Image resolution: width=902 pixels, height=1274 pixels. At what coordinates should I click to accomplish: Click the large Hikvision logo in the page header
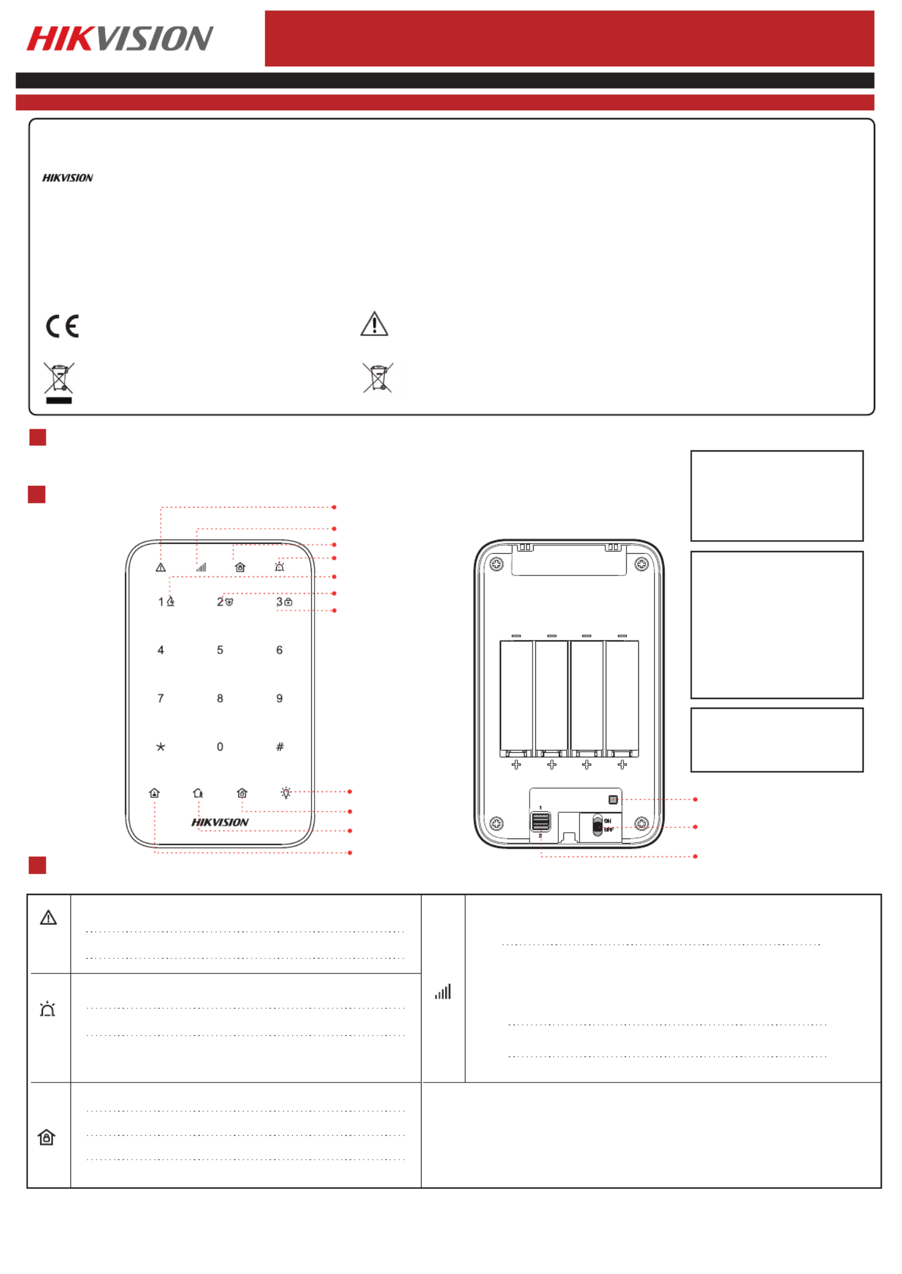point(120,38)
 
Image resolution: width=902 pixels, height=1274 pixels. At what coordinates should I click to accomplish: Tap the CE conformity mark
point(62,326)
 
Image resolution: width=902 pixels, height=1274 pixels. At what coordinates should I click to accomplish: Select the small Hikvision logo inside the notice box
point(67,178)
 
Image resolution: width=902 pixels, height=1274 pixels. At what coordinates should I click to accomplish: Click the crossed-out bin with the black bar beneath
point(59,382)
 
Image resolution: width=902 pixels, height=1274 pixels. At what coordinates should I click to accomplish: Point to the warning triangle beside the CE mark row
point(374,324)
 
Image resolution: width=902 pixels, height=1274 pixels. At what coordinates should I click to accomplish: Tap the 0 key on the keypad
point(220,746)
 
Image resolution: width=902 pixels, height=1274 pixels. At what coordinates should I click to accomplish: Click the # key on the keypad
point(280,746)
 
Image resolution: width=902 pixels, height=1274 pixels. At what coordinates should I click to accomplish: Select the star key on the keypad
point(161,746)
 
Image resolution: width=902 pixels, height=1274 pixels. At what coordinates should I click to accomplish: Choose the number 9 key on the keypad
point(280,698)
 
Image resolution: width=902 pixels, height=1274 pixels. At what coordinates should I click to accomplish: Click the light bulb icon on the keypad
point(286,792)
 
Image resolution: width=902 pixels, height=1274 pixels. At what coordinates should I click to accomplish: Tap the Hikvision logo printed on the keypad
point(220,822)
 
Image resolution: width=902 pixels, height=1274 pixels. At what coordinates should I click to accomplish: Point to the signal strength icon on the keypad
point(201,567)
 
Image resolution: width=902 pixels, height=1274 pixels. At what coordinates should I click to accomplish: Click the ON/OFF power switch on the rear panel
point(598,825)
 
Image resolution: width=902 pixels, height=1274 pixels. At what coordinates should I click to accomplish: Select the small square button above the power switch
point(613,800)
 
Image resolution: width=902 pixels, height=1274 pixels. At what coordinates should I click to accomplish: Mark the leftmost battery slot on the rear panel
point(516,698)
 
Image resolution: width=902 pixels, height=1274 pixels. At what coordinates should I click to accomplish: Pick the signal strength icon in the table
point(443,991)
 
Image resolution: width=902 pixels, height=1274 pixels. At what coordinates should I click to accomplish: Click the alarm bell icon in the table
point(47,1009)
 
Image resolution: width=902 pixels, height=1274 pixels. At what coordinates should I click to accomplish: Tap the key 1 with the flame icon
point(166,601)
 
